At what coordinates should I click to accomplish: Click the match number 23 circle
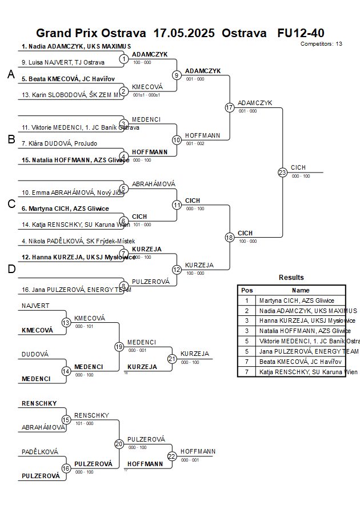(282, 172)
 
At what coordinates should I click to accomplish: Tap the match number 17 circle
(230, 107)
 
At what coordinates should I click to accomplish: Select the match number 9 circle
(177, 75)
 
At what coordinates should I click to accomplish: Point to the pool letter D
(11, 269)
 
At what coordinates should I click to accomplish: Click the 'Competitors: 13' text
(321, 43)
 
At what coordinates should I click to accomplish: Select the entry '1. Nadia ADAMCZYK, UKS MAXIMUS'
(76, 46)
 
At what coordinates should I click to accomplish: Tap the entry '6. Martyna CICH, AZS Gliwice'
(65, 209)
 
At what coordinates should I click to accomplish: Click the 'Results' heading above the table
(291, 278)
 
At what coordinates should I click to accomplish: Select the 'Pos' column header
(247, 290)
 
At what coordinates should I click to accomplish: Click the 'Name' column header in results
(301, 290)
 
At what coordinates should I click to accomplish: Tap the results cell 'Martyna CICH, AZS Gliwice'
(297, 300)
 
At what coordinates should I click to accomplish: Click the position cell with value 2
(247, 311)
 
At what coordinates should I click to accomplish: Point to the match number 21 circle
(172, 359)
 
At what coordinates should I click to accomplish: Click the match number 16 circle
(66, 468)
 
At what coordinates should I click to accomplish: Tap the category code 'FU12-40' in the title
(301, 33)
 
